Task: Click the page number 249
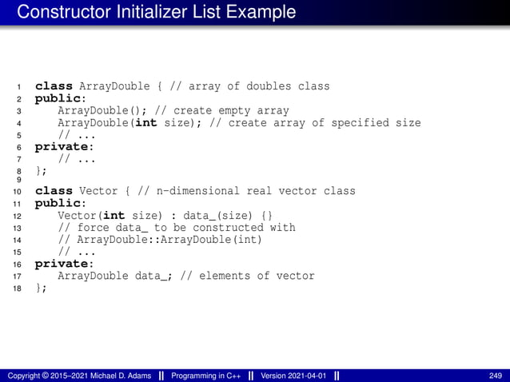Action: pyautogui.click(x=495, y=376)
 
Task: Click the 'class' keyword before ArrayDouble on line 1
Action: pyautogui.click(x=54, y=86)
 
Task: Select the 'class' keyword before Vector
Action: pyautogui.click(x=54, y=191)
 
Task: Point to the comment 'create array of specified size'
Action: pyautogui.click(x=325, y=122)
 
